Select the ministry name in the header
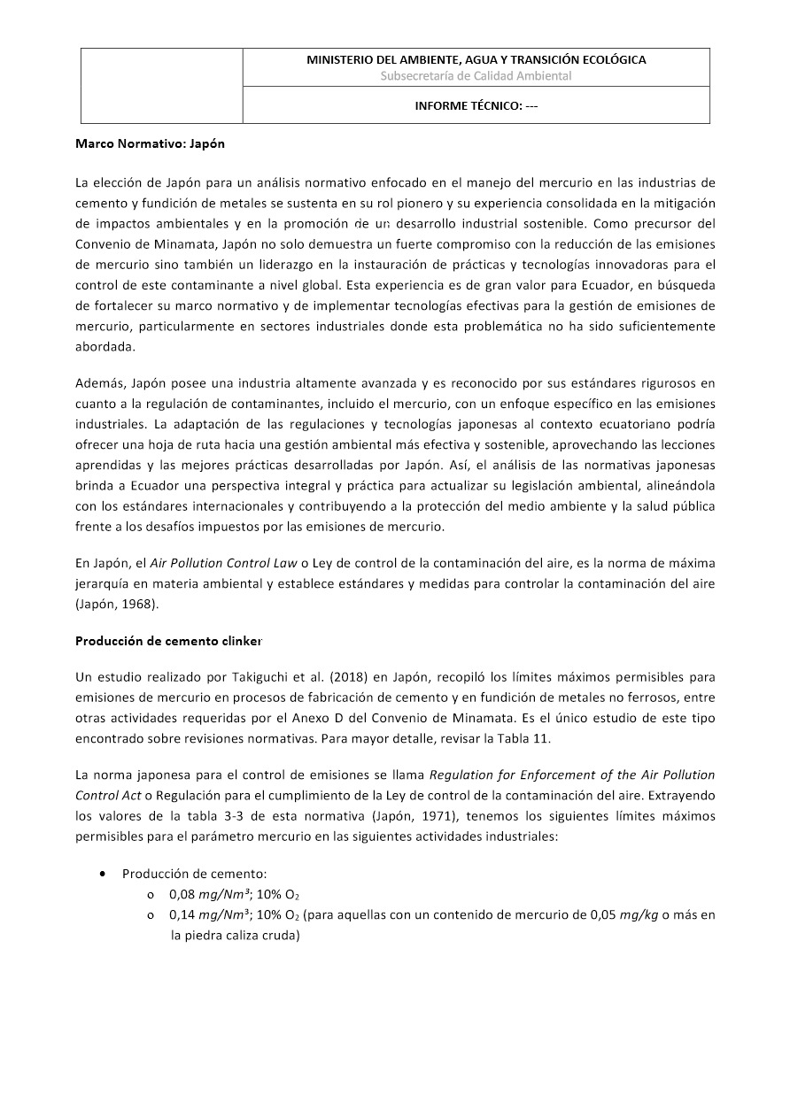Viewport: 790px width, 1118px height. click(x=476, y=60)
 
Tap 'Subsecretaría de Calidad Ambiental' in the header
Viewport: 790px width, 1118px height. click(x=476, y=76)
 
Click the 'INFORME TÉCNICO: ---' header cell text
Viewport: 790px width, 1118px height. click(x=476, y=106)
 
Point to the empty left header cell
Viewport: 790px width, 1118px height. click(x=162, y=86)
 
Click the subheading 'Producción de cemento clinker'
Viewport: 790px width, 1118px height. click(x=168, y=640)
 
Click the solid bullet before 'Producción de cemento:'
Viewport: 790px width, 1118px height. click(x=105, y=874)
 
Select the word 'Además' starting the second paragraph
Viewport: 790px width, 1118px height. click(x=101, y=383)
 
